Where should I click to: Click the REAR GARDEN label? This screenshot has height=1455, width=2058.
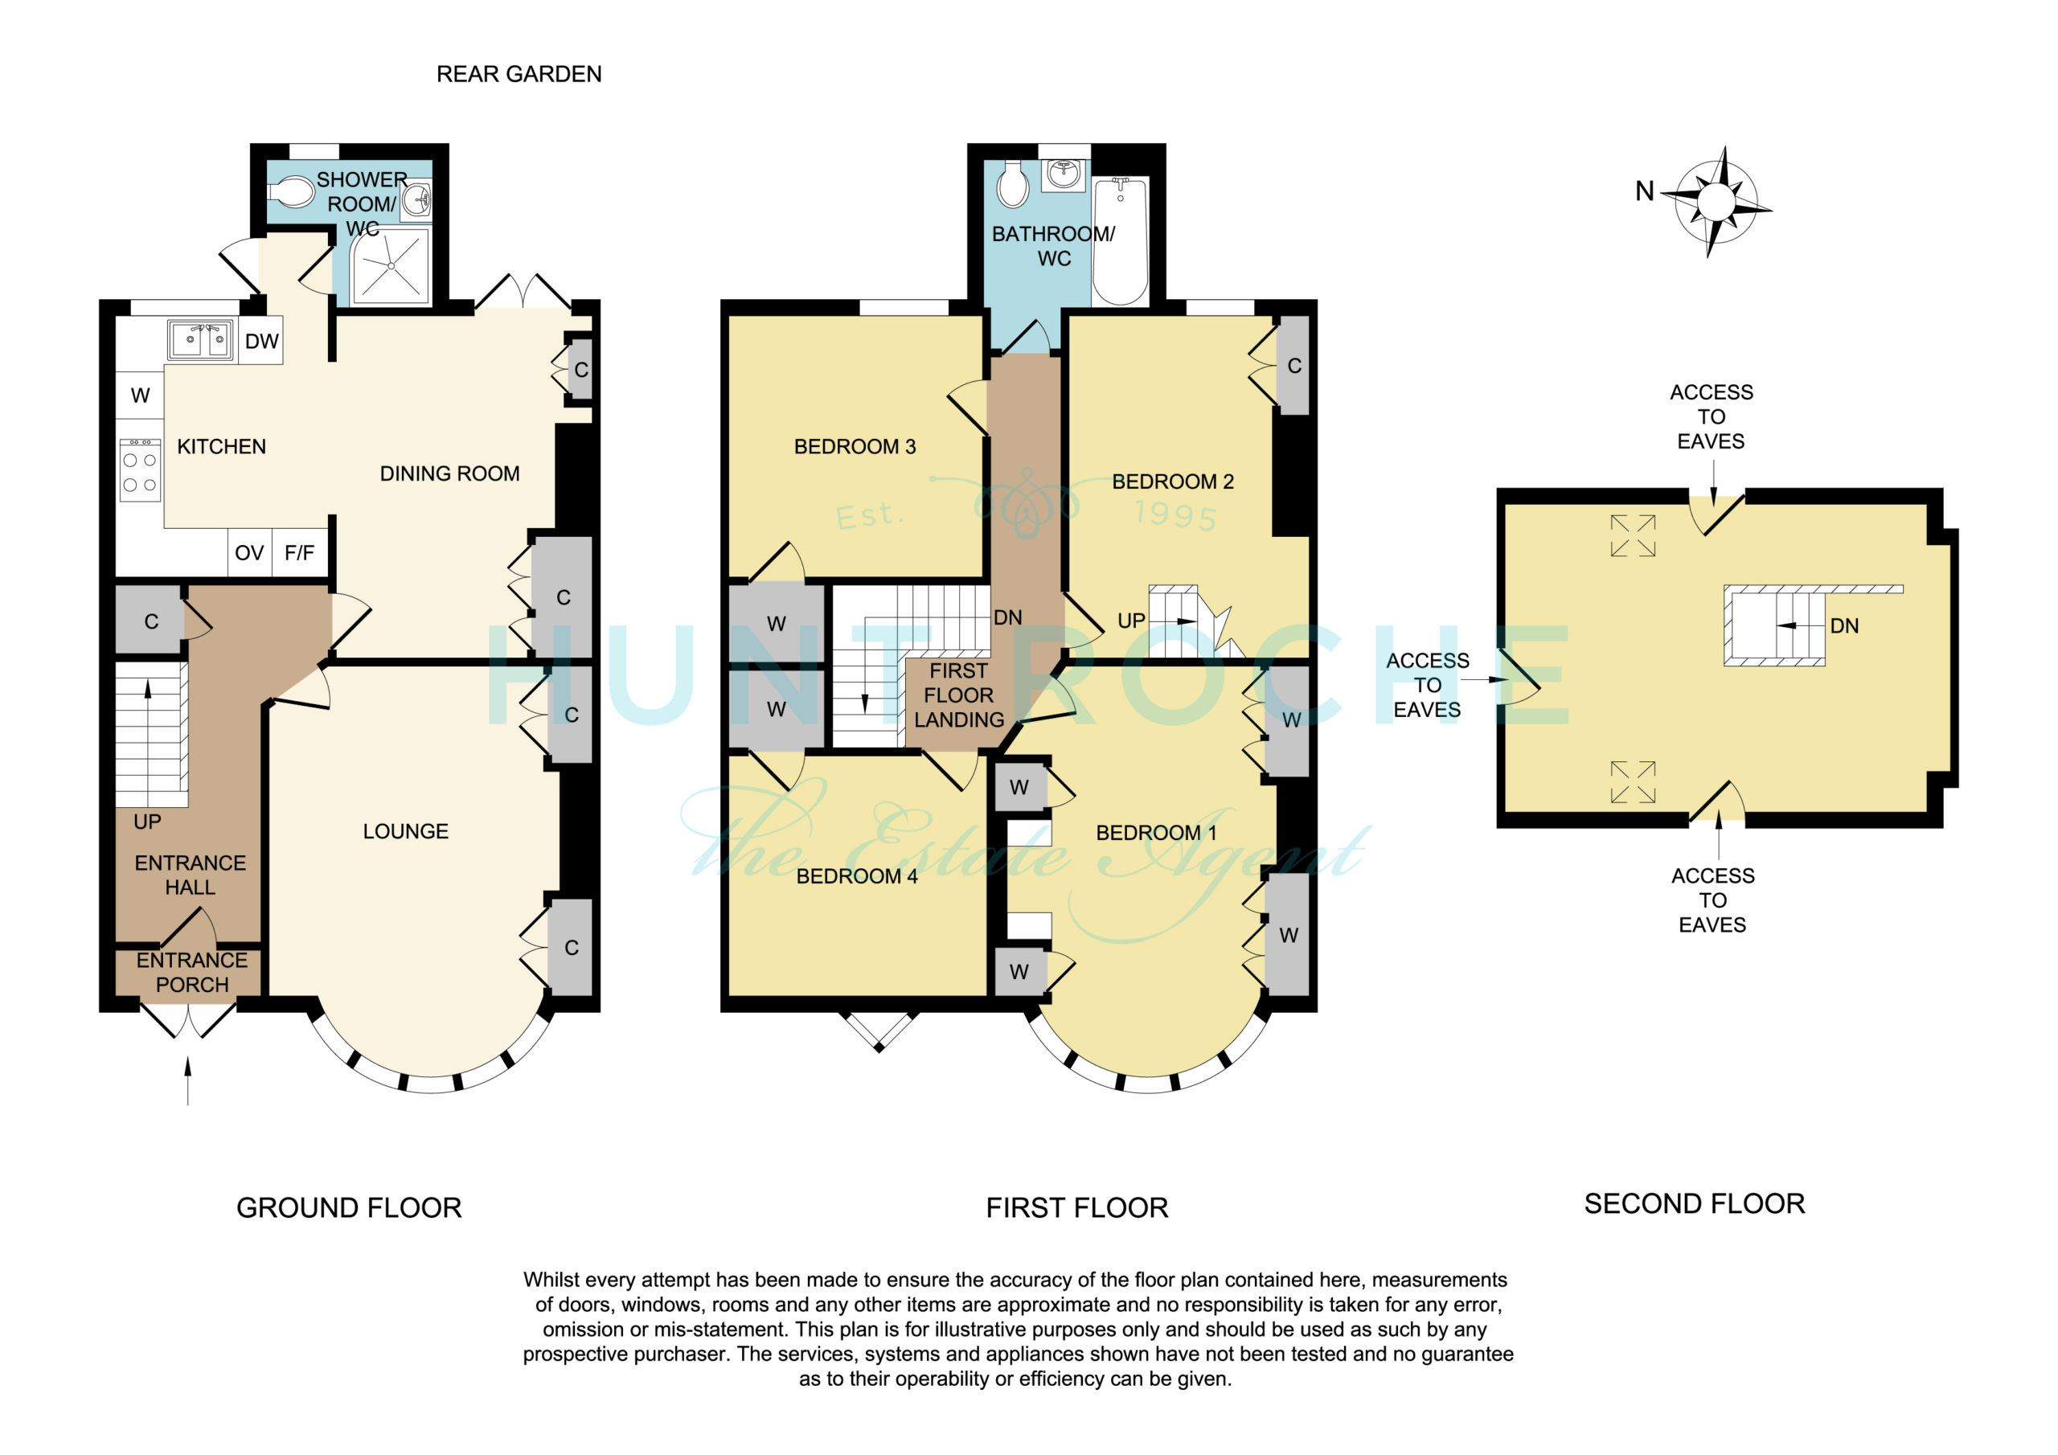click(x=519, y=75)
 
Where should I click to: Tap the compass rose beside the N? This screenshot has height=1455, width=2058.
click(x=1716, y=202)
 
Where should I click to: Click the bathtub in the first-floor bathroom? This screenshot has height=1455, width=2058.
click(x=1121, y=241)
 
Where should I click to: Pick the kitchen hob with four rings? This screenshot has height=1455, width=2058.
click(x=140, y=469)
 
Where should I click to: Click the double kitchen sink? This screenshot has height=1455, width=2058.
click(x=201, y=340)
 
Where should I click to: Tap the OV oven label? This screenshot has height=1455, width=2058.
click(x=249, y=553)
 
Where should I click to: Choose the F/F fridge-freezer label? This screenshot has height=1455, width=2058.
click(x=299, y=553)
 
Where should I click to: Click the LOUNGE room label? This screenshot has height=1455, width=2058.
click(x=406, y=831)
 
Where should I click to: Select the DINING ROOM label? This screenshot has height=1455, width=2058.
click(x=450, y=473)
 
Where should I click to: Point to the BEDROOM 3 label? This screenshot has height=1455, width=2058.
click(x=855, y=446)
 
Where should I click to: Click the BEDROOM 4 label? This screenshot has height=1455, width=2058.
click(x=857, y=876)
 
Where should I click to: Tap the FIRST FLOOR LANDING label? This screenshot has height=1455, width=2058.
click(x=959, y=695)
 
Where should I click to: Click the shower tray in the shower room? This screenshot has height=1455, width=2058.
click(x=390, y=265)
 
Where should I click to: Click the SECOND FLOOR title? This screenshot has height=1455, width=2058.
click(x=1694, y=1203)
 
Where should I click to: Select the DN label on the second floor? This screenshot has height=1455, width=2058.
click(x=1844, y=625)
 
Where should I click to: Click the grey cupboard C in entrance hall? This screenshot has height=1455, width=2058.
click(x=150, y=621)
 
